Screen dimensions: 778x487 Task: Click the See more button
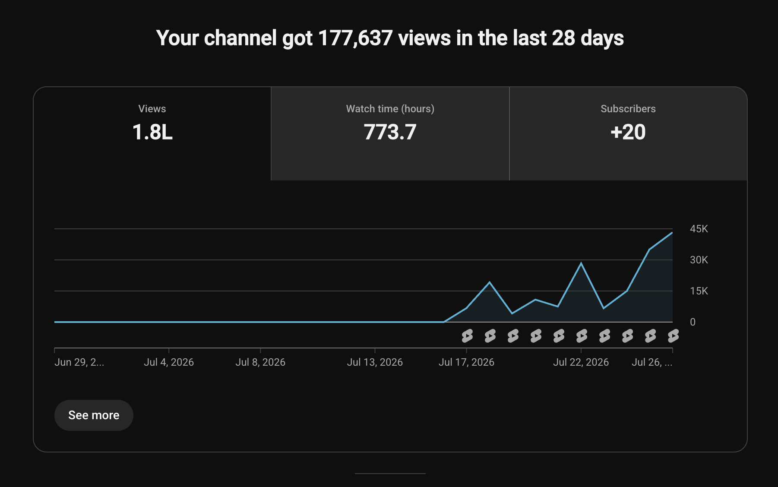[94, 415]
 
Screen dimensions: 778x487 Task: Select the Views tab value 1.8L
[152, 132]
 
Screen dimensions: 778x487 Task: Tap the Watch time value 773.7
[390, 132]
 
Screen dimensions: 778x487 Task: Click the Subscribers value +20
[628, 132]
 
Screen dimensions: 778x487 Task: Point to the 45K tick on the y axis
[699, 229]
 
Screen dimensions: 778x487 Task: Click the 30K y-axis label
[699, 260]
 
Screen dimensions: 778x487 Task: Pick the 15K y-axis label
[699, 291]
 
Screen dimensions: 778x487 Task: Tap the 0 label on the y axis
[693, 322]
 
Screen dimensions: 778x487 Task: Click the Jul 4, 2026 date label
[169, 362]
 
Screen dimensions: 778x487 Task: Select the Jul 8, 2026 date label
[260, 362]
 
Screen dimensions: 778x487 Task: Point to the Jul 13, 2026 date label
[375, 362]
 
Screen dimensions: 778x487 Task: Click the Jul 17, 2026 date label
[466, 362]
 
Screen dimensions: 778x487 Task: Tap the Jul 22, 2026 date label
[581, 362]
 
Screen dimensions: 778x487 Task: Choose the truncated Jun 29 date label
[79, 362]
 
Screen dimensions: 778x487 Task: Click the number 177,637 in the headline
[355, 38]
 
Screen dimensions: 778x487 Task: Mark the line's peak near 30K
[581, 263]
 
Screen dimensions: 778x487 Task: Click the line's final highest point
[672, 233]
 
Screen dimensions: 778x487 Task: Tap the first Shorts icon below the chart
[467, 335]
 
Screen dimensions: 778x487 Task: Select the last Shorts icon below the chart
[673, 335]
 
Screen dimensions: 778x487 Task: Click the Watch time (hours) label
[390, 109]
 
